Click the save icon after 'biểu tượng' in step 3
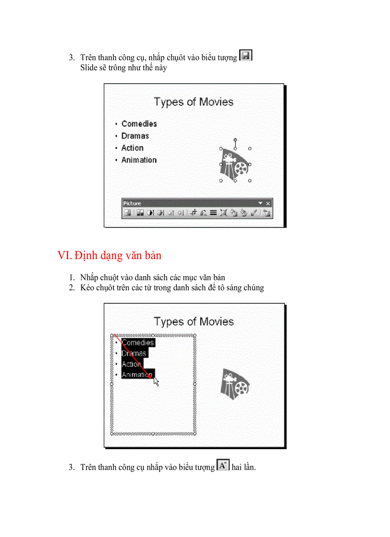point(245,56)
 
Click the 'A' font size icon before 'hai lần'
point(223,465)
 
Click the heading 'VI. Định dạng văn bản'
point(109,255)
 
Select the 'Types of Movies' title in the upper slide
point(194,102)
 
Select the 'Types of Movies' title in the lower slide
point(194,321)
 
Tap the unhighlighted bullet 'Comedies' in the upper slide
point(139,124)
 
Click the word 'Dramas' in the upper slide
point(135,136)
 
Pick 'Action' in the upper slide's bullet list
point(132,148)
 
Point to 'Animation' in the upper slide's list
point(139,160)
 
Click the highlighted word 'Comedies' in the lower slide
point(138,343)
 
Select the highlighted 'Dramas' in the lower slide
point(134,353)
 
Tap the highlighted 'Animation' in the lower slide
point(138,374)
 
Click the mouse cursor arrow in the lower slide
point(156,381)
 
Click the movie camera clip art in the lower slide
point(235,384)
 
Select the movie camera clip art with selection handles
point(235,165)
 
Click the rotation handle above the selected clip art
point(235,140)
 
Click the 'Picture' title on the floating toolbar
point(132,203)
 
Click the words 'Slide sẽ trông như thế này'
point(124,67)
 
